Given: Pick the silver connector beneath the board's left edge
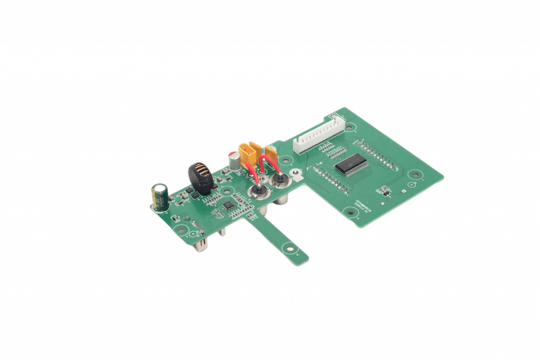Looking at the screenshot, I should coord(202,245).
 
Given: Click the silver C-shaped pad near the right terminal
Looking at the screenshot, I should coord(296,172).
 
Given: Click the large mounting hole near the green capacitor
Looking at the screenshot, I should coord(181,230).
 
